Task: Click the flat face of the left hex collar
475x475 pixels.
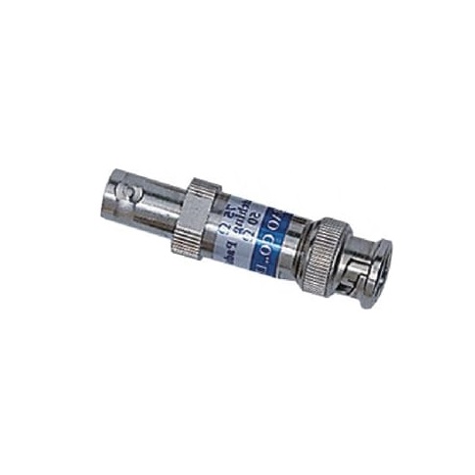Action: [193, 216]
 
